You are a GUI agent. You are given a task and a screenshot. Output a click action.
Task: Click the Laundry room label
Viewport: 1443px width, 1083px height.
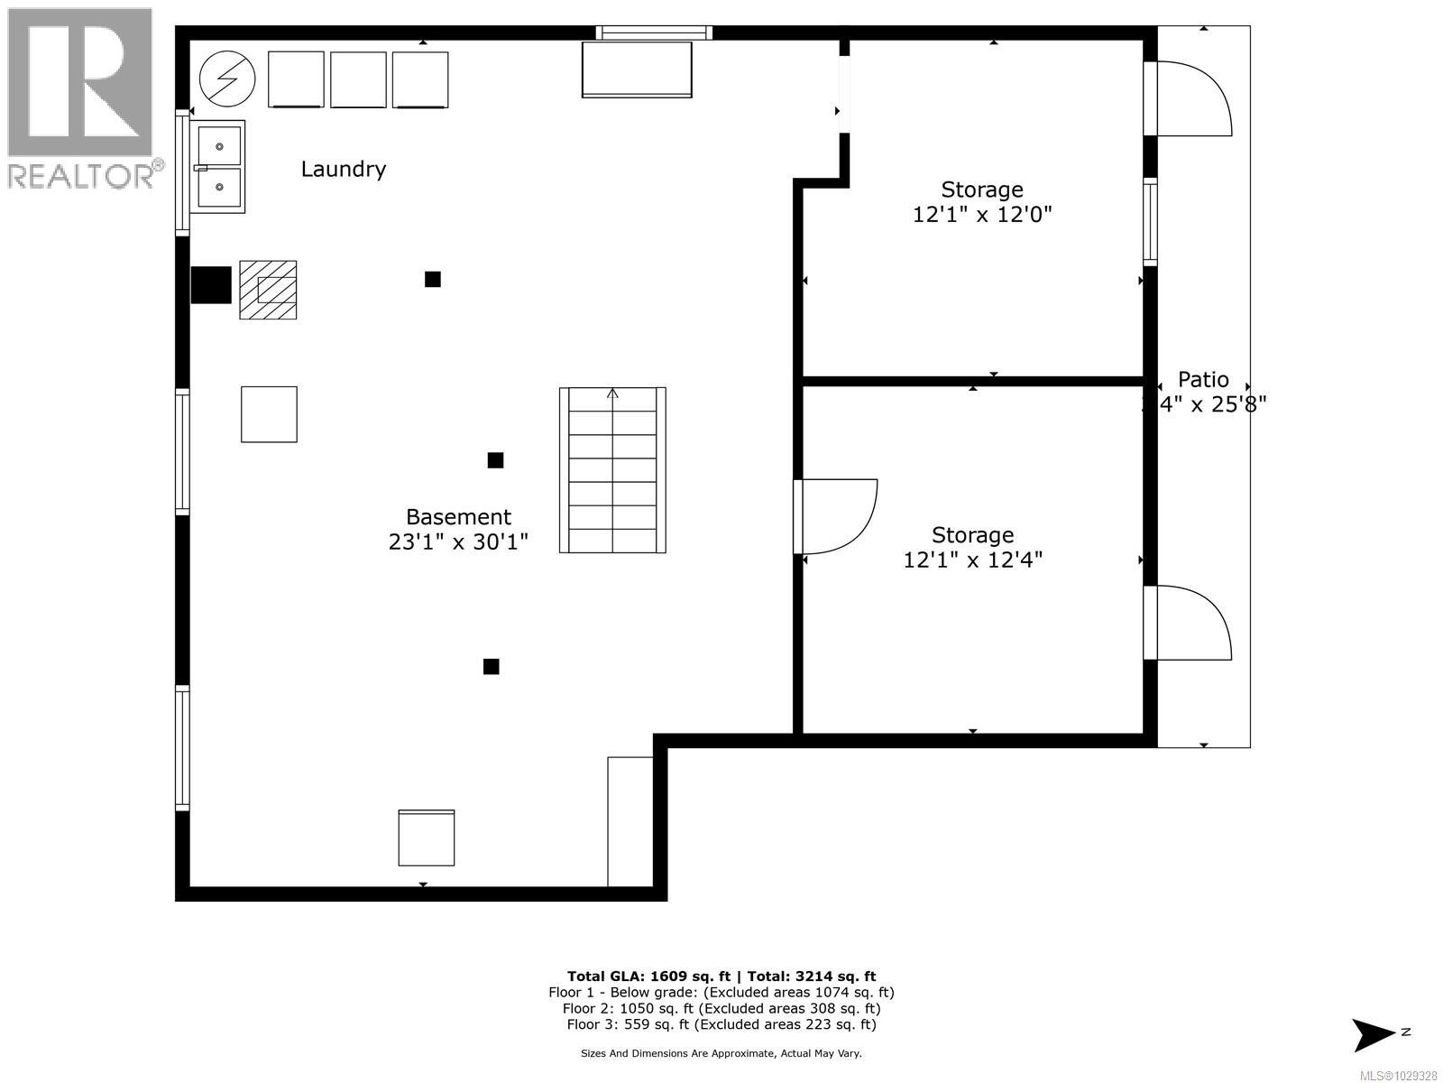[x=343, y=169]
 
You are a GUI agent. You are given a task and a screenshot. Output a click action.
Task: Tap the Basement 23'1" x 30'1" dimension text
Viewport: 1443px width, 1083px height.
[x=458, y=541]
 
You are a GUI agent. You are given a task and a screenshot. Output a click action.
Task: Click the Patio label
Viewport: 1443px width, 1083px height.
[x=1203, y=380]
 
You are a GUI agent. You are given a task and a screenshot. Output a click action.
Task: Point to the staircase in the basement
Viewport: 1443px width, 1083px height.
[x=612, y=470]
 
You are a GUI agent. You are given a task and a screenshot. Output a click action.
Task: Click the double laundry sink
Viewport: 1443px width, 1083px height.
[x=219, y=167]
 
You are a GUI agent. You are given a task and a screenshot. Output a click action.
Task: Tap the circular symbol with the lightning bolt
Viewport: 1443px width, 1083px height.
[x=227, y=79]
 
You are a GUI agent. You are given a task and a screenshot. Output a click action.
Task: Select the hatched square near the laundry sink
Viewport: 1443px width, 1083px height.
[x=268, y=290]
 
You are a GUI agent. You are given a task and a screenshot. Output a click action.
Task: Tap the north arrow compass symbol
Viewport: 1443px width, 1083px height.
[x=1374, y=1034]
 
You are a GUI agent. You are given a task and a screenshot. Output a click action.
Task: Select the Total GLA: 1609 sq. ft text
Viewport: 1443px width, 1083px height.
[x=648, y=976]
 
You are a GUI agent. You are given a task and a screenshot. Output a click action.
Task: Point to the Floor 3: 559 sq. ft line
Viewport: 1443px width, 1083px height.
[x=721, y=1024]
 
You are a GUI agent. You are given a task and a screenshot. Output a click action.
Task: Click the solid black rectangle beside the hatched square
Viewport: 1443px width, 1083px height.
[x=211, y=284]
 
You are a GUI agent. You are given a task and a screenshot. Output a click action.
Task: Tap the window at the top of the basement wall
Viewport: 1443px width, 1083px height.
[x=654, y=32]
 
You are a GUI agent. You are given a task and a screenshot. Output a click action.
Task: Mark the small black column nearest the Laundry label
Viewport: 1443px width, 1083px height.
[x=433, y=279]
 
